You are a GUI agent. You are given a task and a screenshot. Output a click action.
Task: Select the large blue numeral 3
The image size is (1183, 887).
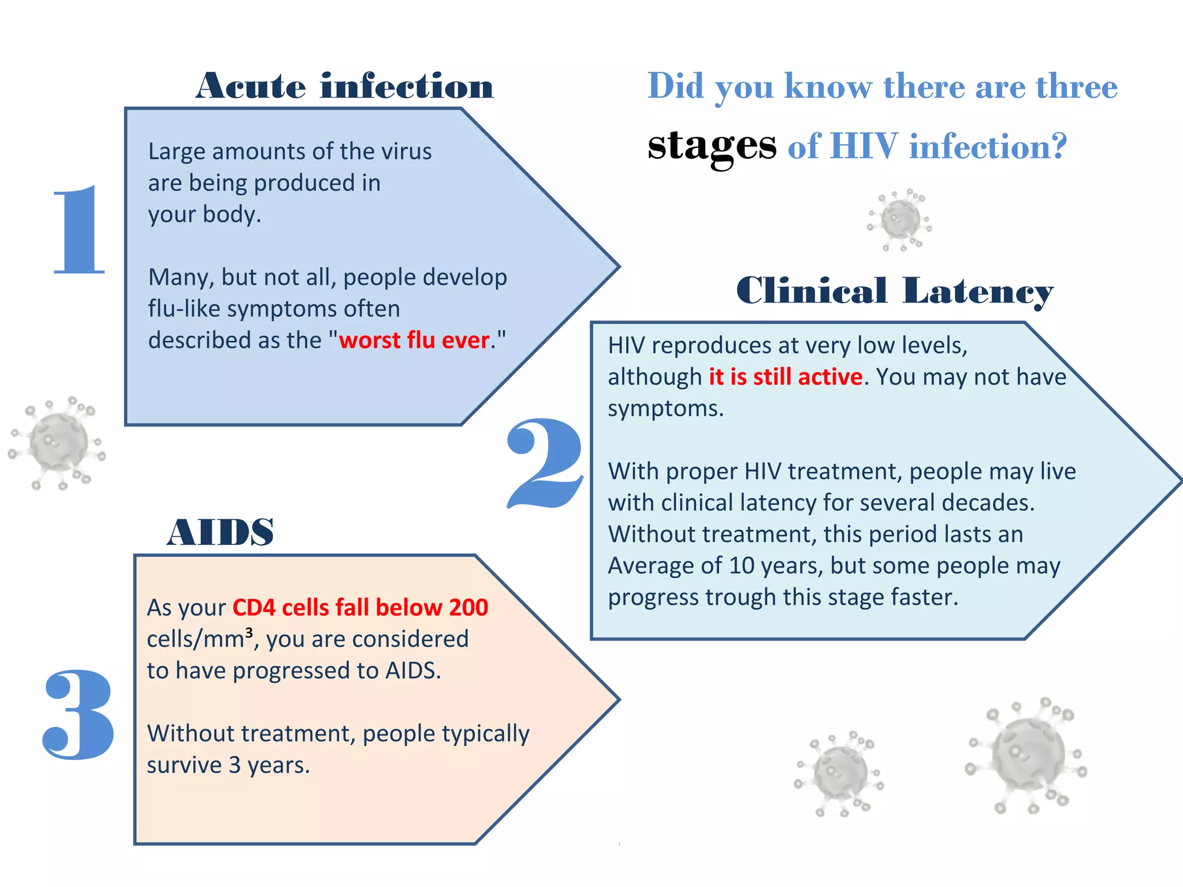(77, 714)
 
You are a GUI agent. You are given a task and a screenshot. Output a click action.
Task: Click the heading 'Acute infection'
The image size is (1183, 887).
(345, 87)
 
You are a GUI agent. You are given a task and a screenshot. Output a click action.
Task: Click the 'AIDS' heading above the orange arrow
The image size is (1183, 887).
(220, 532)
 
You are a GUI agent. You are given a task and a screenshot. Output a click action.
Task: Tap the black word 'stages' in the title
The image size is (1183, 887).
(712, 146)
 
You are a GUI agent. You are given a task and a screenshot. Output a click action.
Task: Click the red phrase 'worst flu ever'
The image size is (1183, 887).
(414, 340)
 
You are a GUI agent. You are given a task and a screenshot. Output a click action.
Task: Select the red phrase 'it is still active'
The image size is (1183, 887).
(786, 377)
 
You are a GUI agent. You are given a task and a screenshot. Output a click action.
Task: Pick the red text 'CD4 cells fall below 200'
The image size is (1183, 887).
(360, 608)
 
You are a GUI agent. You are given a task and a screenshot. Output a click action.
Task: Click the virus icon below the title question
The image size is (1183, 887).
(900, 220)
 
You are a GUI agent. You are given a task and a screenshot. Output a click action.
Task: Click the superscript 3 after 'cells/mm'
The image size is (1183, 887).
(249, 632)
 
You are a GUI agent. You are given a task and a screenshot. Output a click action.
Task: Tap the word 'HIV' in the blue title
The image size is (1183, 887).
(864, 146)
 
